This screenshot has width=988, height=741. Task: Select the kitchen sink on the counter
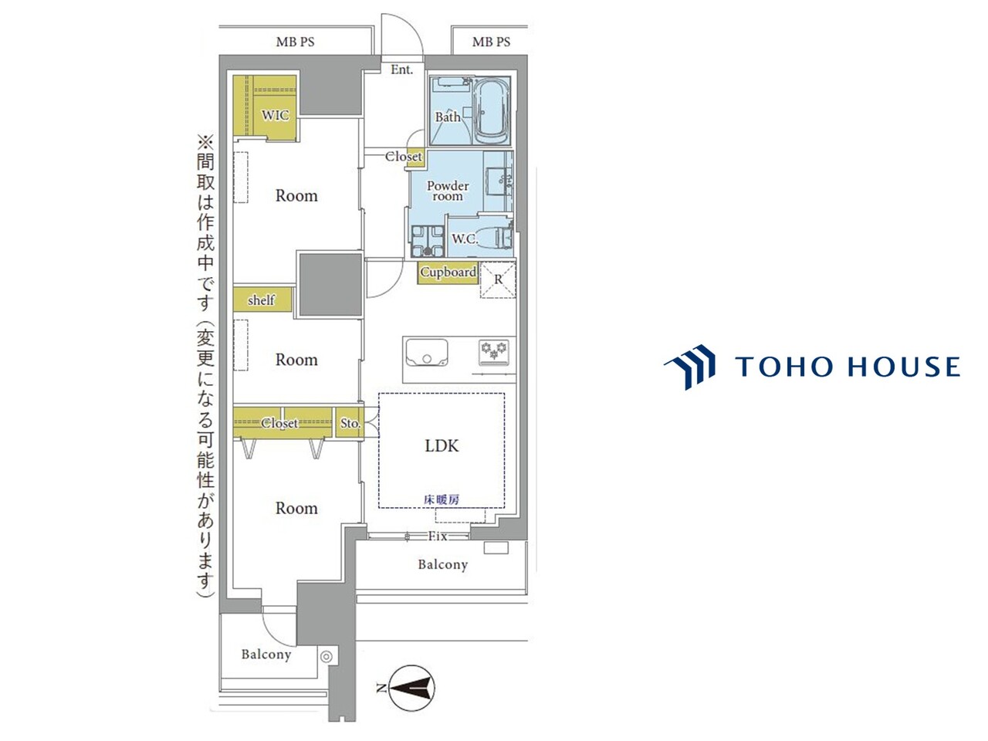[426, 352]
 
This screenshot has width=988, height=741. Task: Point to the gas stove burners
[494, 349]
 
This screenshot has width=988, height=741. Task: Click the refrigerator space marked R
[498, 279]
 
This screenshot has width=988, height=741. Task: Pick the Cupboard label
[448, 272]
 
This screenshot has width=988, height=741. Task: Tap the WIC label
[275, 115]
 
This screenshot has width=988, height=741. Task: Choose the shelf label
[261, 300]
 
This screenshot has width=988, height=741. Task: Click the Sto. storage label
[350, 423]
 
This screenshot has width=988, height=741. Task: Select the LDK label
[442, 446]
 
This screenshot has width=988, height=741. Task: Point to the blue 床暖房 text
[442, 499]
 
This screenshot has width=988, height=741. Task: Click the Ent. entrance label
[401, 69]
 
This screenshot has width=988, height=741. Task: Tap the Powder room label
[448, 191]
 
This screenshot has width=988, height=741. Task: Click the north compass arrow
[411, 688]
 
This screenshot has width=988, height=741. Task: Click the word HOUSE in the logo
[905, 366]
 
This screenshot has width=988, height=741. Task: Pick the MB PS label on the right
[491, 42]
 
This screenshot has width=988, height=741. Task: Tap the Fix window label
[438, 536]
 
